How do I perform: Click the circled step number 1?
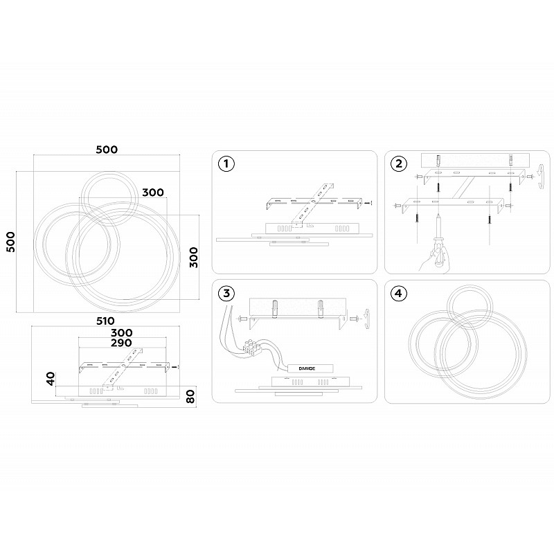(x=226, y=164)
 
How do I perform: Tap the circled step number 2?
(x=399, y=164)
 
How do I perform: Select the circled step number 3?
(x=226, y=293)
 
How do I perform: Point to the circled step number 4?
(x=399, y=293)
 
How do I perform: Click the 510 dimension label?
(x=105, y=321)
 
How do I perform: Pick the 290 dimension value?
(x=121, y=343)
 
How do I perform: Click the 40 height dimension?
(x=51, y=378)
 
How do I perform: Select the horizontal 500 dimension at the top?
(x=107, y=150)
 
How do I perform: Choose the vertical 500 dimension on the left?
(x=11, y=242)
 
